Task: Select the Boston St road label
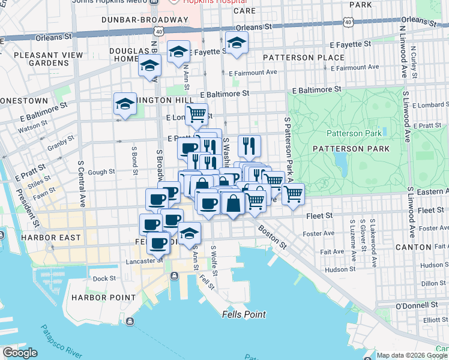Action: [x=273, y=237]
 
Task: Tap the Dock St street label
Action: [x=104, y=278]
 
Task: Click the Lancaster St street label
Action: [x=141, y=261]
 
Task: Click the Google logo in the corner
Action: [x=20, y=353]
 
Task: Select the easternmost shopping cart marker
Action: [x=292, y=193]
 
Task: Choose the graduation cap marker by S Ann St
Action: [x=189, y=233]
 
